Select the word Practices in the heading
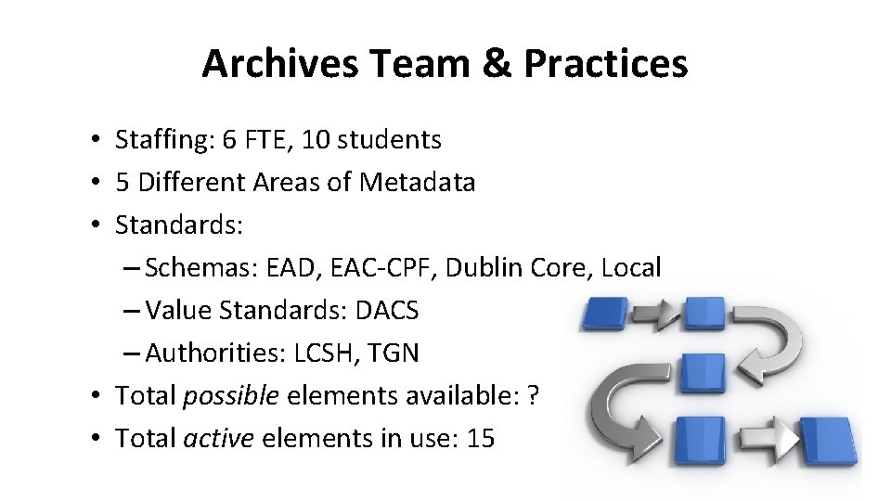[606, 64]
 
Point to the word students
[390, 140]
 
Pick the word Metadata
[417, 183]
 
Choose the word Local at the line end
[631, 268]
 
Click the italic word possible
[231, 396]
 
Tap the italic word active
[218, 439]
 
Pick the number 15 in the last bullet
[481, 439]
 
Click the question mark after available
[533, 396]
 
